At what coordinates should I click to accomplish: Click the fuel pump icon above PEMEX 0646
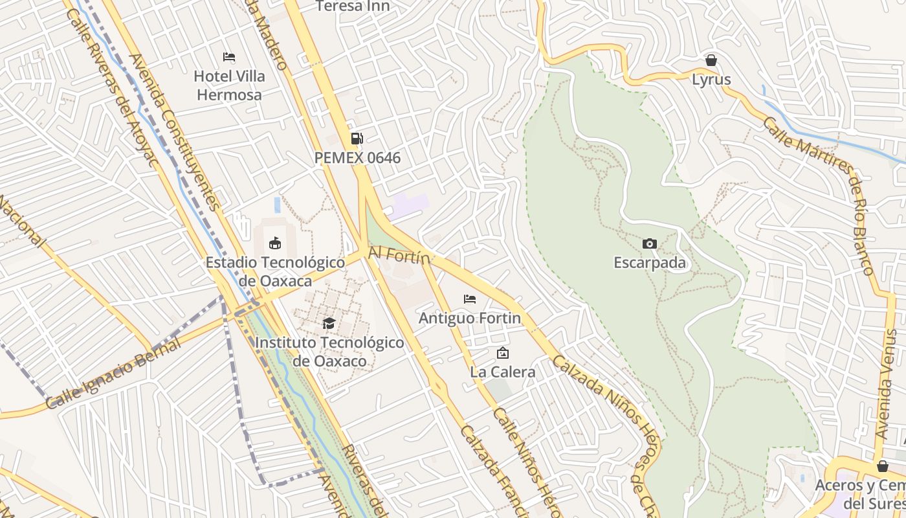click(x=357, y=138)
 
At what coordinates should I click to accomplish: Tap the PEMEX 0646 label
click(x=357, y=158)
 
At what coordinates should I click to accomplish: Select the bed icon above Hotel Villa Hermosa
click(x=229, y=57)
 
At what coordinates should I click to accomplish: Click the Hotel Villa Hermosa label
click(x=229, y=85)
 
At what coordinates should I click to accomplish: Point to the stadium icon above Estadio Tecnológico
click(x=275, y=243)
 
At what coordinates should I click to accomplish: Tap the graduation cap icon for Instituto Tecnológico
click(x=329, y=323)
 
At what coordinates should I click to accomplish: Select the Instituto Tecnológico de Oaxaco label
click(x=329, y=352)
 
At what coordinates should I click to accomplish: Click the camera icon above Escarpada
click(x=650, y=243)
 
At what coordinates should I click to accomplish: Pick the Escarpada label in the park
click(x=650, y=264)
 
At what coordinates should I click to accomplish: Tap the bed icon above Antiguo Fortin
click(x=470, y=298)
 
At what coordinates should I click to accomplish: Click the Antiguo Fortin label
click(x=470, y=319)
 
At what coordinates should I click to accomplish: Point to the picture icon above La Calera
click(x=502, y=353)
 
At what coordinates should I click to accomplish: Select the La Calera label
click(x=503, y=372)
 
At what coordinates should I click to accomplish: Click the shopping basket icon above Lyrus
click(x=711, y=60)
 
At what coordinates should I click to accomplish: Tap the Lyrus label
click(x=711, y=80)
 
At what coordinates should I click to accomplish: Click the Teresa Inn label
click(x=353, y=6)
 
